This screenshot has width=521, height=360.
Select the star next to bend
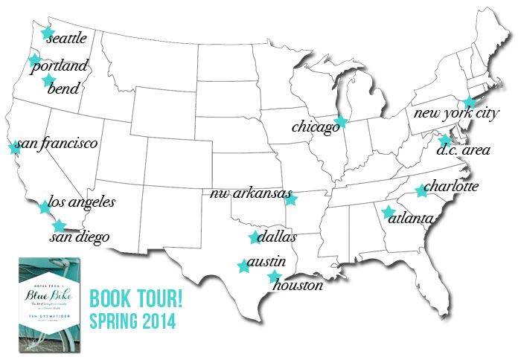pyautogui.click(x=49, y=80)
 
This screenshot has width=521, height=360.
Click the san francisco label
pyautogui.click(x=57, y=143)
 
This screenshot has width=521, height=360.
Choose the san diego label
pyautogui.click(x=80, y=238)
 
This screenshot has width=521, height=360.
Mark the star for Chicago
pyautogui.click(x=341, y=123)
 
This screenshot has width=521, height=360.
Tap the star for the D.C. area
pyautogui.click(x=444, y=140)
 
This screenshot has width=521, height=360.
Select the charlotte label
pyautogui.click(x=453, y=186)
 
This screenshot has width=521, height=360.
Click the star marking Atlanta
pyautogui.click(x=388, y=212)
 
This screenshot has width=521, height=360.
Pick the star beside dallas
pyautogui.click(x=255, y=238)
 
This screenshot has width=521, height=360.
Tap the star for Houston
pyautogui.click(x=274, y=277)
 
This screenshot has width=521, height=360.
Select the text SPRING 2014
pyautogui.click(x=132, y=323)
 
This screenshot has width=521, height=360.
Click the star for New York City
pyautogui.click(x=468, y=103)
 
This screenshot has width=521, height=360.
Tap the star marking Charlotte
pyautogui.click(x=421, y=191)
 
